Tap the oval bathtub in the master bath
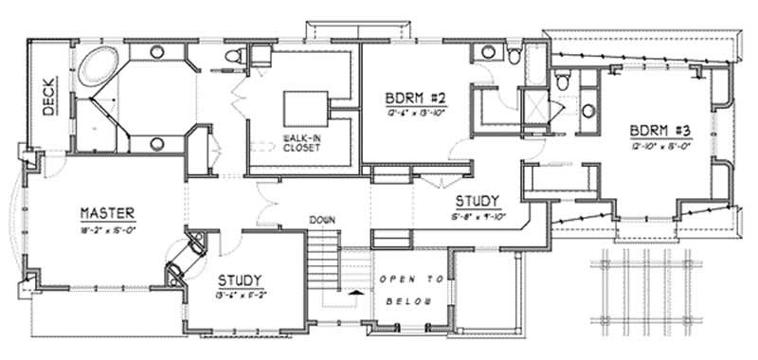pos(96,67)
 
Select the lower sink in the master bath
pos(157,144)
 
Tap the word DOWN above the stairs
pos(321,221)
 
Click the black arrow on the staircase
pos(355,294)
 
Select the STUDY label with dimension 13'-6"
pos(241,280)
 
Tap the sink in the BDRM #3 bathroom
pos(588,112)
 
